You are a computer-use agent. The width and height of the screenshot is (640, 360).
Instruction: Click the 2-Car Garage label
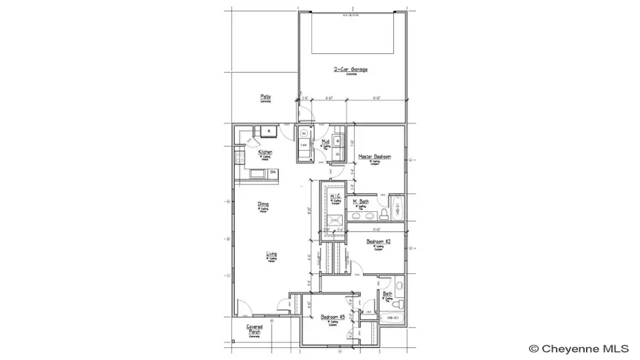coord(351,70)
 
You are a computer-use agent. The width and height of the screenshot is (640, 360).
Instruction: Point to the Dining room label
coord(263,205)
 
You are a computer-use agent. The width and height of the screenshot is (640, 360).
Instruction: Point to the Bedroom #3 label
coord(332,317)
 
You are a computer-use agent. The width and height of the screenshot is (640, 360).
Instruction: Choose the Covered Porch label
coord(255,329)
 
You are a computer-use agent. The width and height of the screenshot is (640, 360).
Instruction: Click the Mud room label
coord(324,142)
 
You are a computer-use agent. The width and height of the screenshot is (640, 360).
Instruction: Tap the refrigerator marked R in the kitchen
coord(270,130)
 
